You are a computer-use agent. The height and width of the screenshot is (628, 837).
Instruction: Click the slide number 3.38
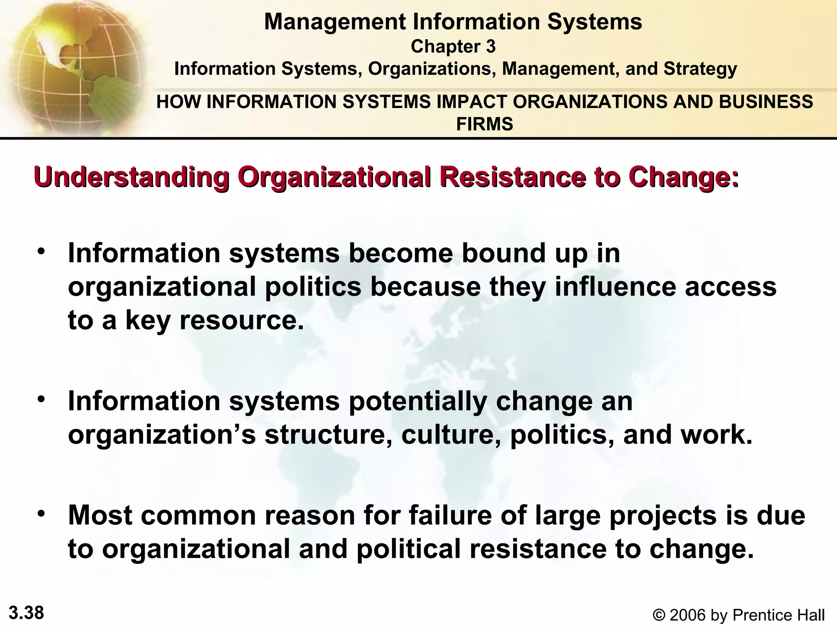26,613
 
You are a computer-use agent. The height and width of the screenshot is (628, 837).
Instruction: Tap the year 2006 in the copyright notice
687,615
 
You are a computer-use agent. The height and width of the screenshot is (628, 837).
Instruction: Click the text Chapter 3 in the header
453,47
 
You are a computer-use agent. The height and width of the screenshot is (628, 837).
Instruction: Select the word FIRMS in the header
484,124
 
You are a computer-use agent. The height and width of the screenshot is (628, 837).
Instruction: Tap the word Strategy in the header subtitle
700,69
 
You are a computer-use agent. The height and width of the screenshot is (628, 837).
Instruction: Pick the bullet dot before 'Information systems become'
41,251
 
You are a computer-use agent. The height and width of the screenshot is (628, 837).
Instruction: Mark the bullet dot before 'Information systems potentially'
41,399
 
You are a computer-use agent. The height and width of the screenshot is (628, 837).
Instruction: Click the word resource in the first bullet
241,320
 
